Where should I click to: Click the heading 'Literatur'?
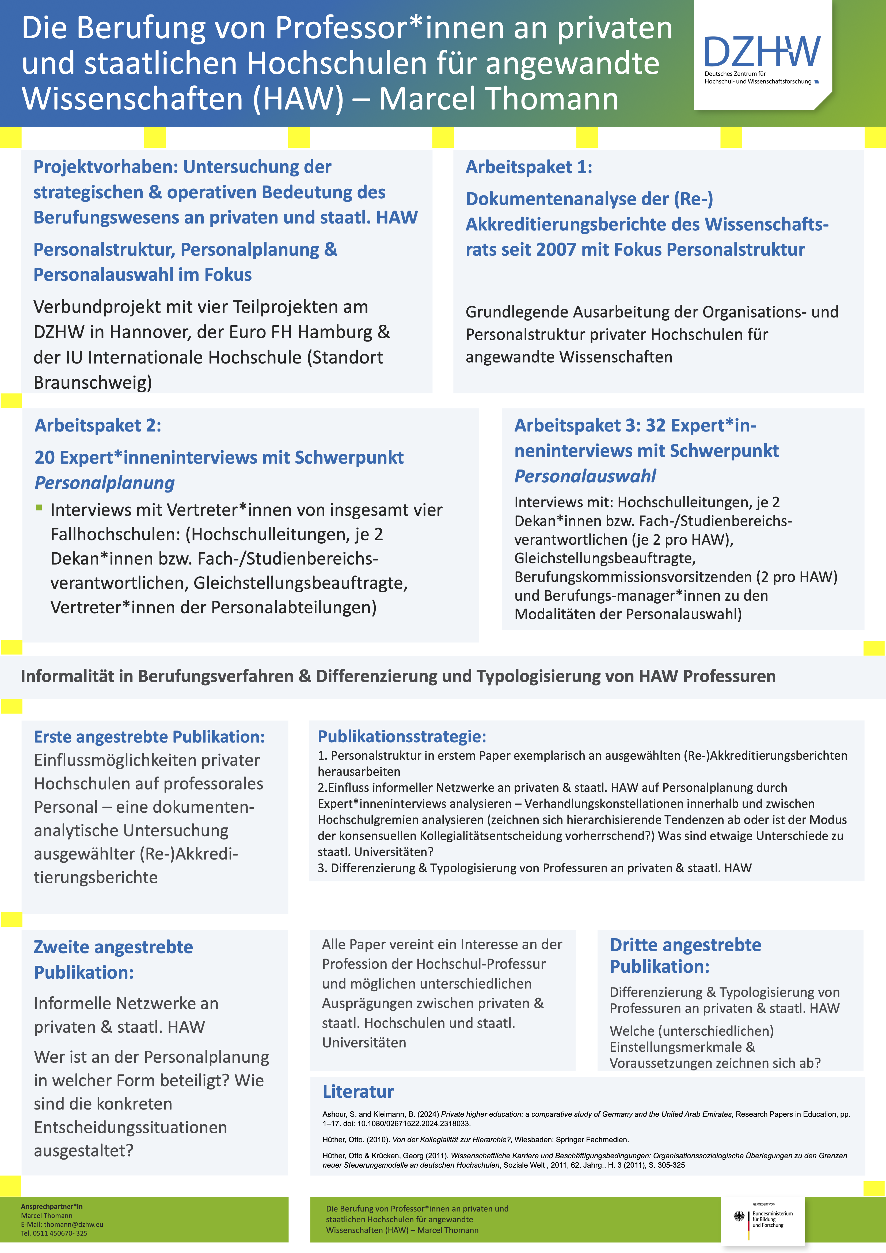point(358,1092)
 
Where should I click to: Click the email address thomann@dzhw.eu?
point(73,1224)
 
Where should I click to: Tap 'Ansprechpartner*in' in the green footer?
point(52,1206)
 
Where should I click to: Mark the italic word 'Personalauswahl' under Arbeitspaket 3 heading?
point(585,476)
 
